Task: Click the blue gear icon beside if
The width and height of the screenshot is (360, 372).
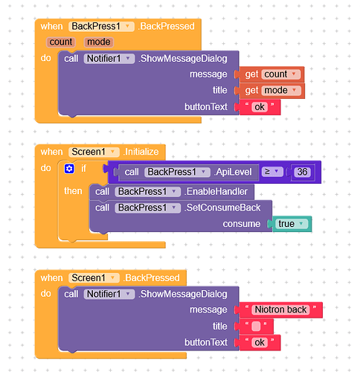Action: [69, 169]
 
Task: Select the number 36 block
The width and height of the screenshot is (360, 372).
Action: [302, 172]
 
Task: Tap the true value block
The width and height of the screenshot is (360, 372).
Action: [292, 224]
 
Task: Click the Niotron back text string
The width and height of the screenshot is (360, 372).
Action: [281, 310]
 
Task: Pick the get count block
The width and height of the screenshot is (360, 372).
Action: [271, 74]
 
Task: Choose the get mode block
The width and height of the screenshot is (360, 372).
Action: [271, 90]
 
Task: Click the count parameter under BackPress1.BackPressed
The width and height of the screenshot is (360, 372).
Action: [61, 42]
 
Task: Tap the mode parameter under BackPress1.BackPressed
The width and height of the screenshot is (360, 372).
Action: [99, 42]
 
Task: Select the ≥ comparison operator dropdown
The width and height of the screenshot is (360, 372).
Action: [272, 172]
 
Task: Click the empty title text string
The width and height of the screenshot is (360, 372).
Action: [256, 327]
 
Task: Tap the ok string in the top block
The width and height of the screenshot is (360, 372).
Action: [260, 107]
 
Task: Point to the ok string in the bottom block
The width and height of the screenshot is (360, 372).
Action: [260, 342]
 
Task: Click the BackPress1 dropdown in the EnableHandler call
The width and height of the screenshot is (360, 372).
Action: [147, 192]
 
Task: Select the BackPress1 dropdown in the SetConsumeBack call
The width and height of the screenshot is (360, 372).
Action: [147, 208]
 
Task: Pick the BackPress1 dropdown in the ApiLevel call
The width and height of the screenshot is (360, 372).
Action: [177, 172]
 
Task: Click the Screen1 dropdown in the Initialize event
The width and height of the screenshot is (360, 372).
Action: [94, 152]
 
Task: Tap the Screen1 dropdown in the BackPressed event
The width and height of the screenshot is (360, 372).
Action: [94, 278]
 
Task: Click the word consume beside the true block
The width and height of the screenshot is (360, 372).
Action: [242, 224]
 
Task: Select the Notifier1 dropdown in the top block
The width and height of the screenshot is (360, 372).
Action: [109, 59]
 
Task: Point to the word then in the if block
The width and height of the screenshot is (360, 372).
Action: [73, 191]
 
